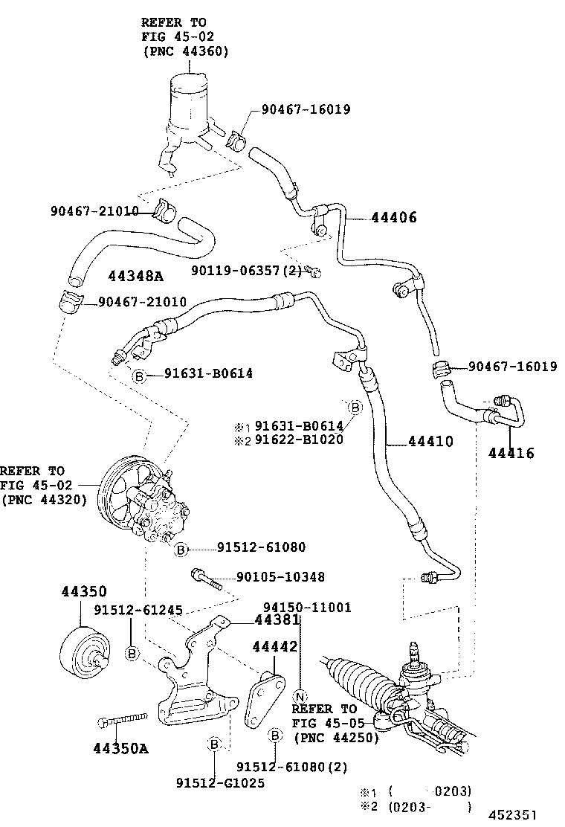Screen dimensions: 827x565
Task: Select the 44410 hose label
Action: point(430,441)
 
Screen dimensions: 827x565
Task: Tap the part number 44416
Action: point(511,453)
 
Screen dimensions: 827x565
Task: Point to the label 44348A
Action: point(135,276)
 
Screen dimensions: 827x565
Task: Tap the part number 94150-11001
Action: point(306,608)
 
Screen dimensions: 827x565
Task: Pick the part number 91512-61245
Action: point(138,610)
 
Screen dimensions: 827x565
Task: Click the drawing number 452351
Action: point(512,815)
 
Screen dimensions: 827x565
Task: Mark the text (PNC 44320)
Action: point(45,500)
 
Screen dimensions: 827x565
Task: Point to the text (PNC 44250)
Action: point(336,738)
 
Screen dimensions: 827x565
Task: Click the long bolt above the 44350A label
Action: point(123,719)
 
